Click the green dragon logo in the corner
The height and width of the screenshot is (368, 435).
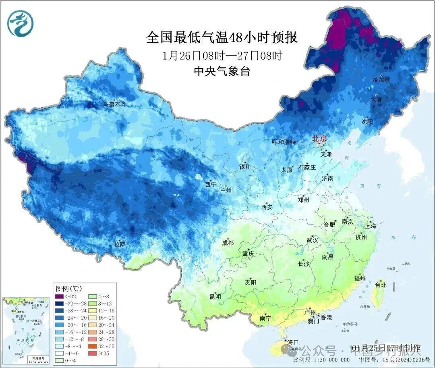20,23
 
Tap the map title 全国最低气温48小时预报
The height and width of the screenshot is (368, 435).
222,37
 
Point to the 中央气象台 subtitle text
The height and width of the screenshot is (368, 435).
222,71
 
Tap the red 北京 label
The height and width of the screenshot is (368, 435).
321,139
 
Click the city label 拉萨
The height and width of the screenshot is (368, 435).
120,244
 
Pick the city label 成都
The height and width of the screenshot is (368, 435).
228,243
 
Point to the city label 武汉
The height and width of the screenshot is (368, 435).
312,240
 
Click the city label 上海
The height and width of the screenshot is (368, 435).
370,226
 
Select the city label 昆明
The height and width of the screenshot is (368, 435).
215,297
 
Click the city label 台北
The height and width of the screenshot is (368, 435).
381,285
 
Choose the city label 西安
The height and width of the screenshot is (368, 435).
267,207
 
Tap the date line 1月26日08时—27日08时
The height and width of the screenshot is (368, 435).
222,55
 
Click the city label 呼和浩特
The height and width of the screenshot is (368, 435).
284,142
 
